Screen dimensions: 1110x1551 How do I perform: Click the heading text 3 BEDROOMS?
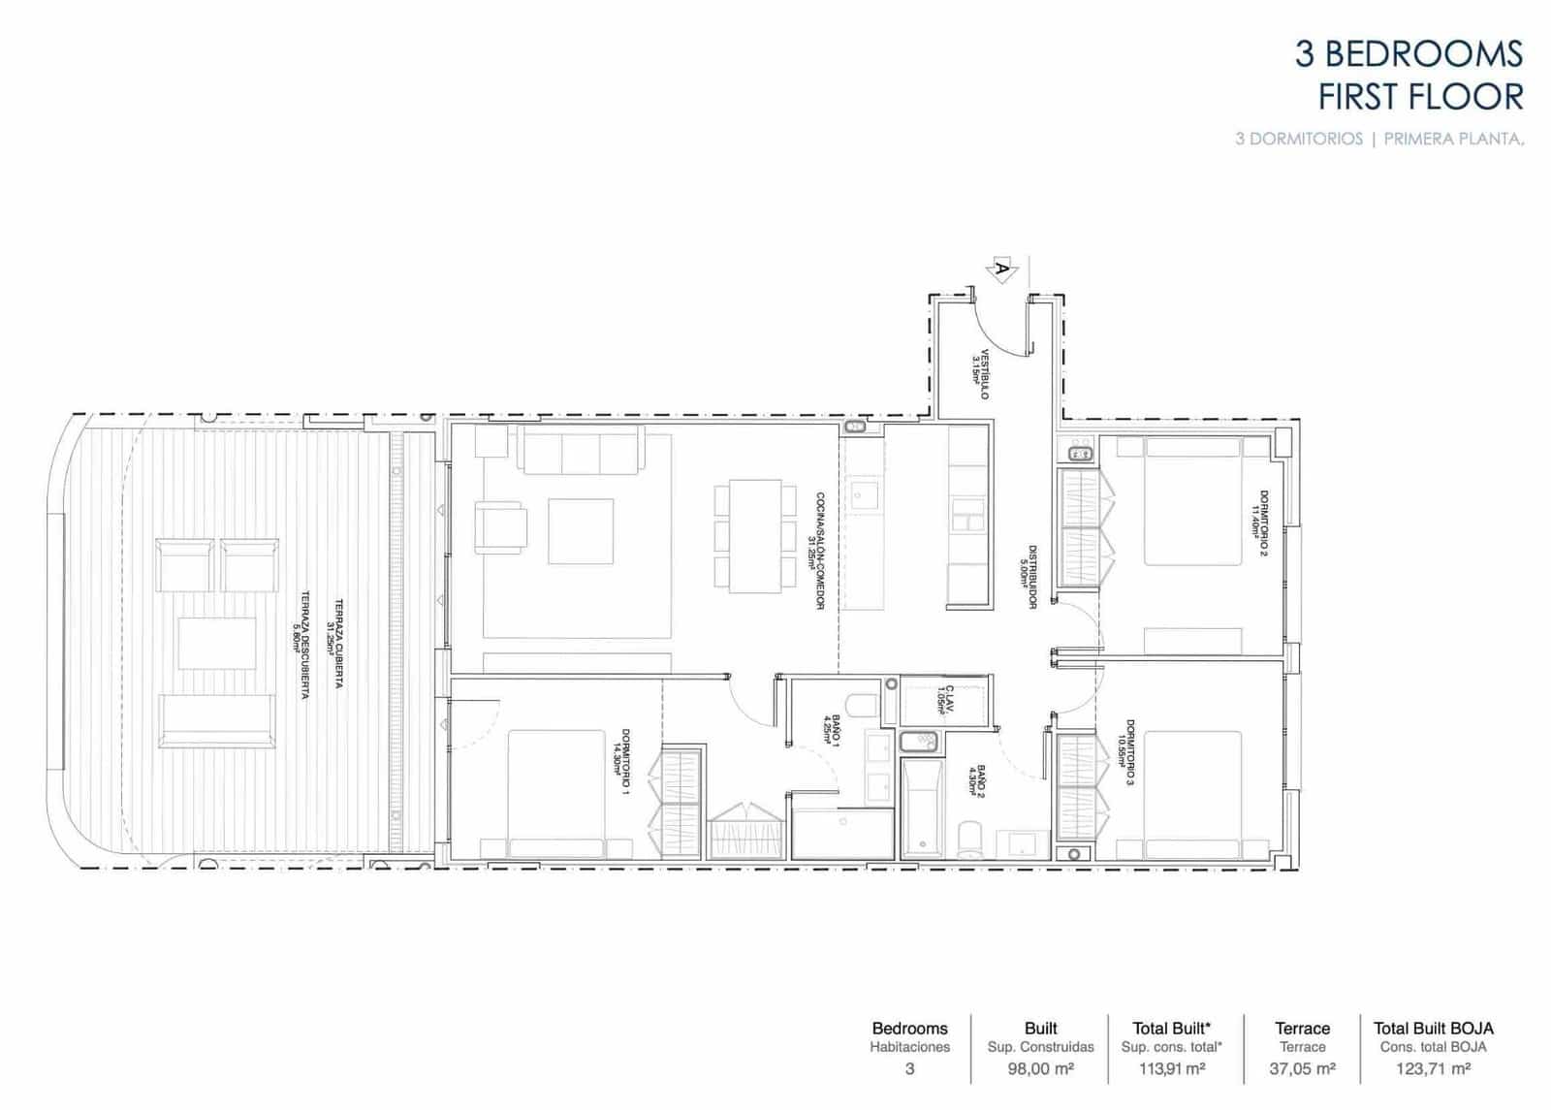tap(1409, 54)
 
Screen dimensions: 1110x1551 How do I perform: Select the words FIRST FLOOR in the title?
tap(1421, 98)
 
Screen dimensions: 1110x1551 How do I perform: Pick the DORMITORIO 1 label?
tap(621, 762)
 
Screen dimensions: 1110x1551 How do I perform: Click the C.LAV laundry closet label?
tap(944, 699)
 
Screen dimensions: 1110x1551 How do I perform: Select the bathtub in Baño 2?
tap(921, 807)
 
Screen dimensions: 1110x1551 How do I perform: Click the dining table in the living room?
tap(754, 536)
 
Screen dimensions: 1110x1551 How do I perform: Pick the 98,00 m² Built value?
tap(1040, 1069)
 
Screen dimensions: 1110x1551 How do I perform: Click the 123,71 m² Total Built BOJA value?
tap(1433, 1069)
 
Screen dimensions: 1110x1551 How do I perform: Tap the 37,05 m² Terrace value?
tap(1302, 1069)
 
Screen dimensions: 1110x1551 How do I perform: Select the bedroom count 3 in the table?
tap(909, 1069)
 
